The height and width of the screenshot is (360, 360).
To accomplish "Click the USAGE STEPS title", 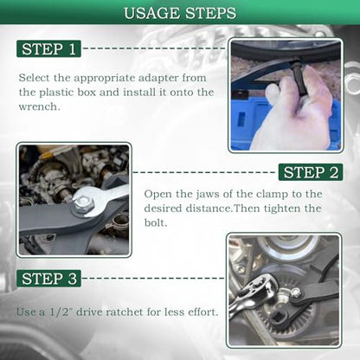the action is point(180,13).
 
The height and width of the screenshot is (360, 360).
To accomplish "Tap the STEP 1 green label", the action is point(48,48).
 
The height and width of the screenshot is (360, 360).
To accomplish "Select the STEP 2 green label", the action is point(311,172).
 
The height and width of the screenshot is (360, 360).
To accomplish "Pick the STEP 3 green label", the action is point(48,279).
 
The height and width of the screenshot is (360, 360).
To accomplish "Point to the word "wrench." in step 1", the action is point(40,106).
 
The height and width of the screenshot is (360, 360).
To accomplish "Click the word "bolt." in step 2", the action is point(156,222).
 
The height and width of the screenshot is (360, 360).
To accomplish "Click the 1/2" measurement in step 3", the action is point(60,312).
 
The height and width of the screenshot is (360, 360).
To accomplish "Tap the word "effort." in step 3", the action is point(202,312).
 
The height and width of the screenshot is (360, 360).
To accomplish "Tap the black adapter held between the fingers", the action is point(300,79).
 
